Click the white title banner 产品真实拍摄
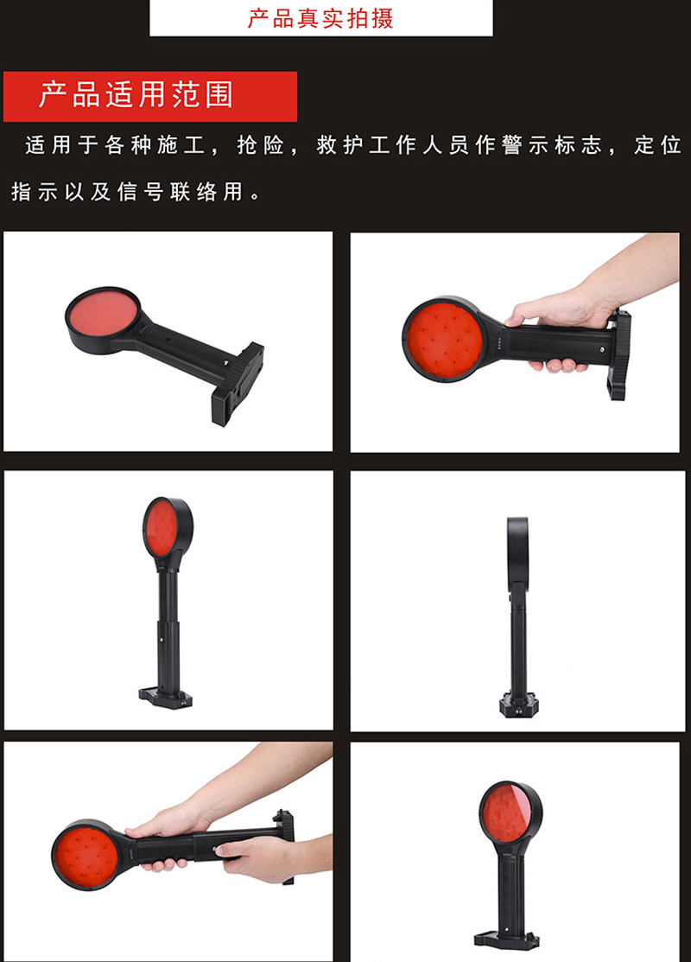coord(320,18)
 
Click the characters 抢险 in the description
coord(260,145)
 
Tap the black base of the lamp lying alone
coord(237,383)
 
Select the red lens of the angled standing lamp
coord(160,527)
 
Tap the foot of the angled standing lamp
coord(166,698)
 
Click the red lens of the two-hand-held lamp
coord(86,855)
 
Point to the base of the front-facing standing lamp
coord(507,939)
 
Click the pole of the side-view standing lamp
coord(518,644)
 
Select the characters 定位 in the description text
coord(657,145)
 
